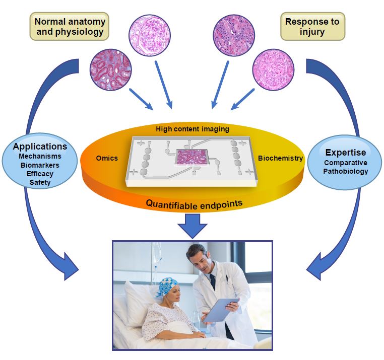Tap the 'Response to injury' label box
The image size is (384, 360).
coord(312,27)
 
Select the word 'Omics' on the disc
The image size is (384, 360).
coord(107,158)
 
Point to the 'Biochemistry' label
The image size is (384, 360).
coord(281,158)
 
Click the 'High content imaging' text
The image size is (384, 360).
coord(193,129)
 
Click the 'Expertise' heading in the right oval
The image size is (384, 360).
coord(345,152)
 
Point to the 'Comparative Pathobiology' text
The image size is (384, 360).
coord(346,167)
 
